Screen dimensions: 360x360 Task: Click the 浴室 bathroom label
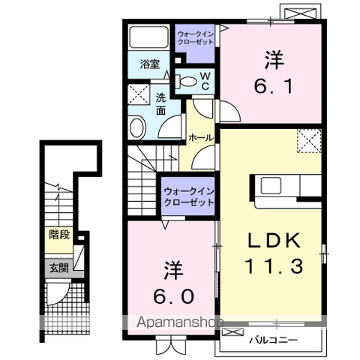tap(150, 64)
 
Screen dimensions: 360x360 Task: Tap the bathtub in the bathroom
tap(148, 37)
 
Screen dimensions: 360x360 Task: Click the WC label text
tap(205, 81)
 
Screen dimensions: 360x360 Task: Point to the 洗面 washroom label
tap(160, 104)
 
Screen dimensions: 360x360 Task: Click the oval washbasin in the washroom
tap(137, 127)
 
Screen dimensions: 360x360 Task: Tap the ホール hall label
tap(201, 138)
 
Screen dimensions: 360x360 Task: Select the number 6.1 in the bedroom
tap(273, 86)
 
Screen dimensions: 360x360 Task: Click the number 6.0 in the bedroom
tap(173, 297)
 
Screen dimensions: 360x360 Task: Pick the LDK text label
tap(274, 241)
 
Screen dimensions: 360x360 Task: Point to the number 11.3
tap(274, 265)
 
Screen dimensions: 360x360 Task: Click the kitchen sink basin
tap(271, 186)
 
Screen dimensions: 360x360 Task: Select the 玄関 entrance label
tap(58, 268)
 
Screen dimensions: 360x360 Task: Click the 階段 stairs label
tap(59, 235)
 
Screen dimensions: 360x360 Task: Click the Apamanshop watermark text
tap(180, 322)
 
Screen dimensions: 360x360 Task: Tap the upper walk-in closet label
tap(196, 37)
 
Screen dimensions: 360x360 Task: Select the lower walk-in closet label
tap(189, 197)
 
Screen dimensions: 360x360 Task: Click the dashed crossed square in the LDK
tap(309, 141)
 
